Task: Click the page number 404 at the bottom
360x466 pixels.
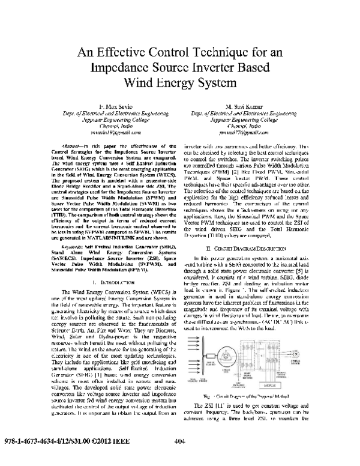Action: [x=178, y=459]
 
